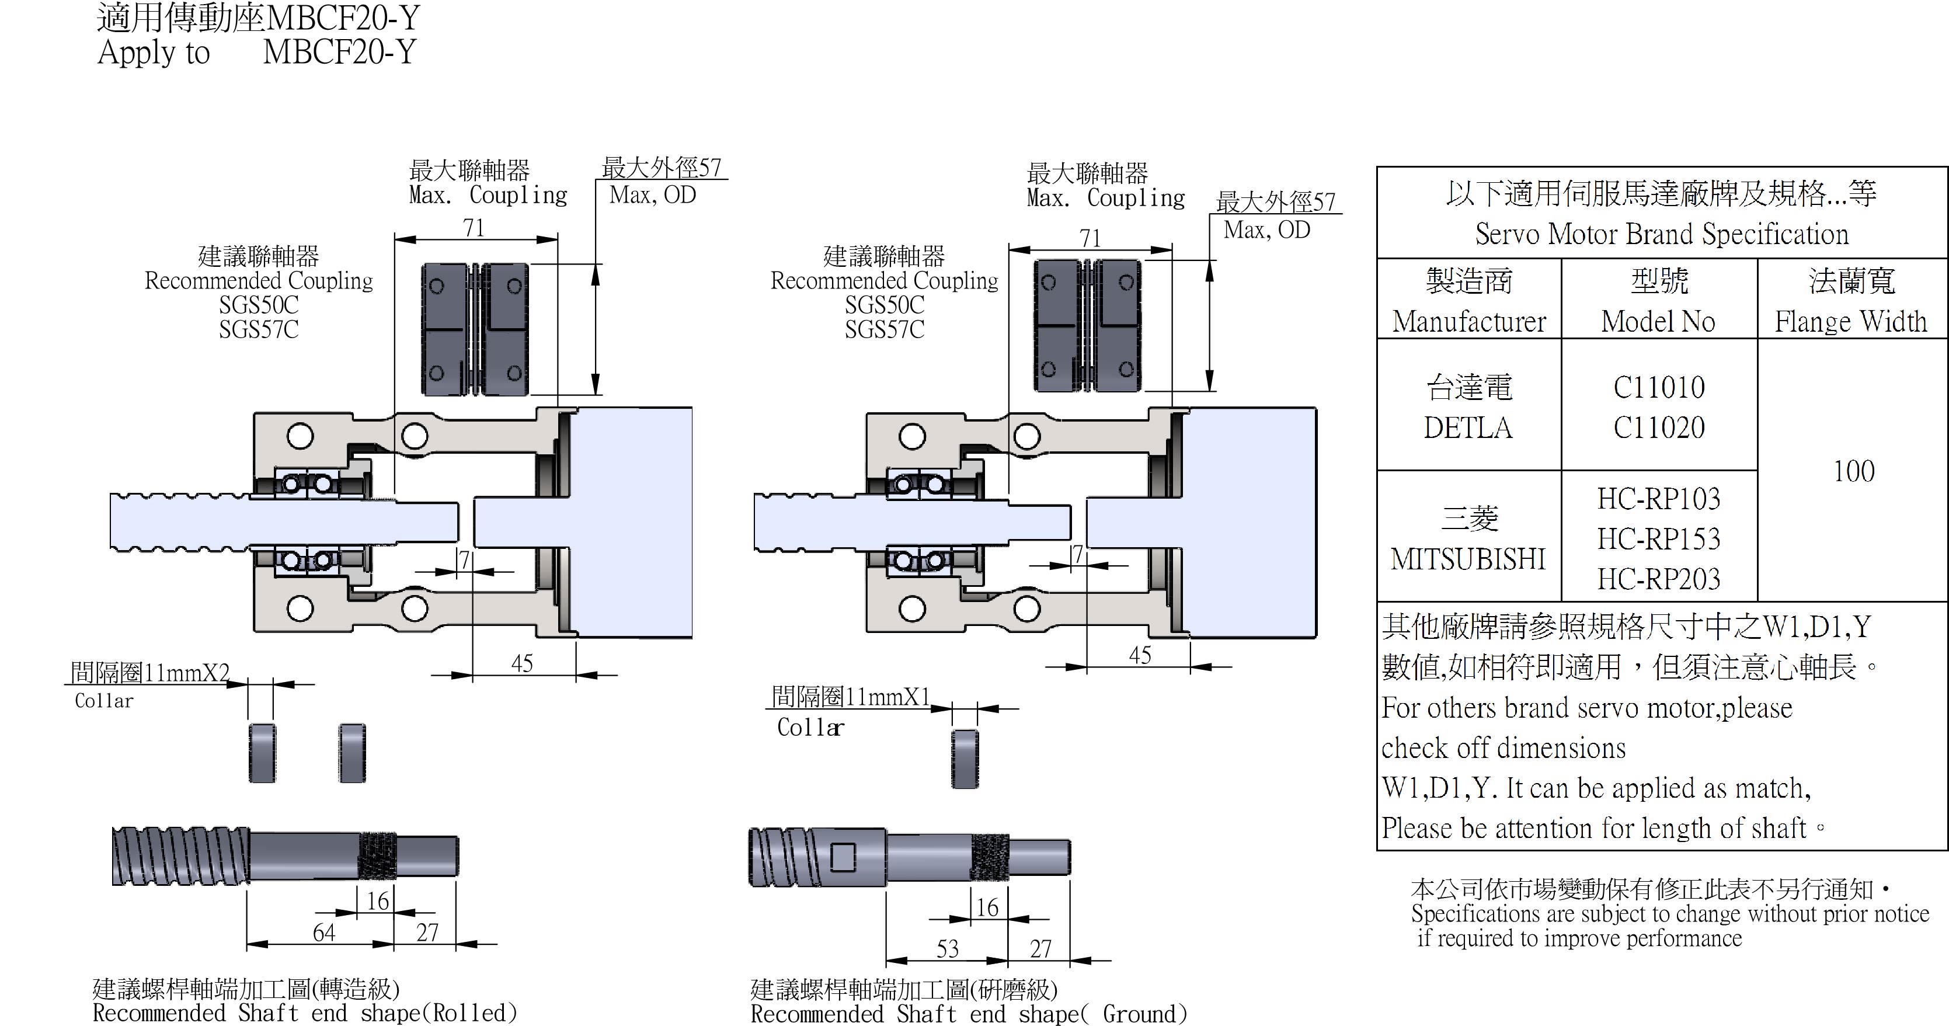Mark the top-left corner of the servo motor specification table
[1377, 167]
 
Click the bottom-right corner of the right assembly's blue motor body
[1317, 638]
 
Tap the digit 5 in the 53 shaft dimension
[942, 949]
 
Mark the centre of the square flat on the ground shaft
[843, 857]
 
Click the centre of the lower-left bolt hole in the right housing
[913, 608]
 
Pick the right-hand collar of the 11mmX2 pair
[352, 753]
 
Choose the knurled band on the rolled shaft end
[377, 855]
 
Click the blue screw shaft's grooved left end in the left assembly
[182, 522]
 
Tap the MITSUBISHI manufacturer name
[1468, 559]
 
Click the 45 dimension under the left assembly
[522, 663]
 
